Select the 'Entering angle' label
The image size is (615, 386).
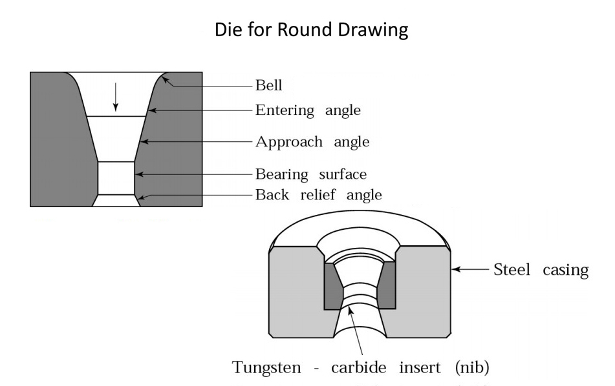(308, 110)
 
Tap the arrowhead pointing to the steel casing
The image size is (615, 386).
(455, 269)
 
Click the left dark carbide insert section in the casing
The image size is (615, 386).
(332, 284)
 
